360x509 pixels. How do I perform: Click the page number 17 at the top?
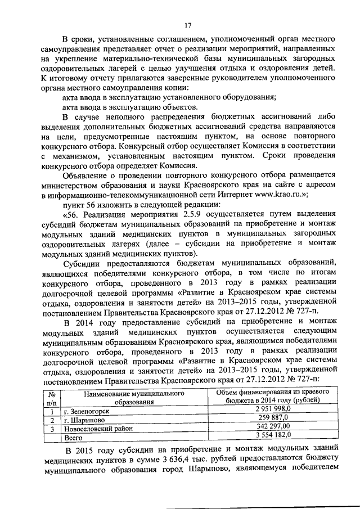click(x=187, y=24)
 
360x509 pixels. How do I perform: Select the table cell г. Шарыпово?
click(x=84, y=420)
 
